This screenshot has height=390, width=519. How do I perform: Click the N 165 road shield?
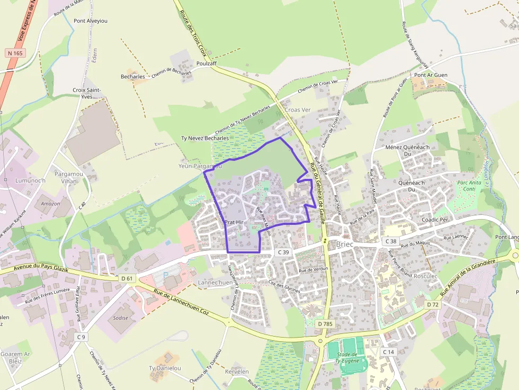pyautogui.click(x=15, y=53)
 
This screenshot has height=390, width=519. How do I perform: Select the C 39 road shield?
pyautogui.click(x=283, y=252)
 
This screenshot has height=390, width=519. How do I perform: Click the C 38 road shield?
pyautogui.click(x=390, y=241)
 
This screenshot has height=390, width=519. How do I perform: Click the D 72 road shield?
pyautogui.click(x=433, y=304)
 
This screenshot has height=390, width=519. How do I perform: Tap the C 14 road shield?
pyautogui.click(x=388, y=352)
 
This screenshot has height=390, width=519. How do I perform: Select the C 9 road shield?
pyautogui.click(x=80, y=337)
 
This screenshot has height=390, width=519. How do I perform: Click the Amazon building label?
pyautogui.click(x=51, y=203)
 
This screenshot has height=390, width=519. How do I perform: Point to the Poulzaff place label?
pyautogui.click(x=207, y=63)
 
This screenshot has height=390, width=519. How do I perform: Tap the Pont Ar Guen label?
pyautogui.click(x=431, y=75)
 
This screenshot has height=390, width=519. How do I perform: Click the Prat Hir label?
pyautogui.click(x=234, y=222)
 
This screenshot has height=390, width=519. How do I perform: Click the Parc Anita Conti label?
pyautogui.click(x=469, y=186)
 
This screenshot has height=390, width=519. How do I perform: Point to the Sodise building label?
pyautogui.click(x=121, y=318)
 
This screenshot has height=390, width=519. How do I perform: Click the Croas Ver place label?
pyautogui.click(x=298, y=110)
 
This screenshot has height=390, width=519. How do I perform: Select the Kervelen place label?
pyautogui.click(x=237, y=371)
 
